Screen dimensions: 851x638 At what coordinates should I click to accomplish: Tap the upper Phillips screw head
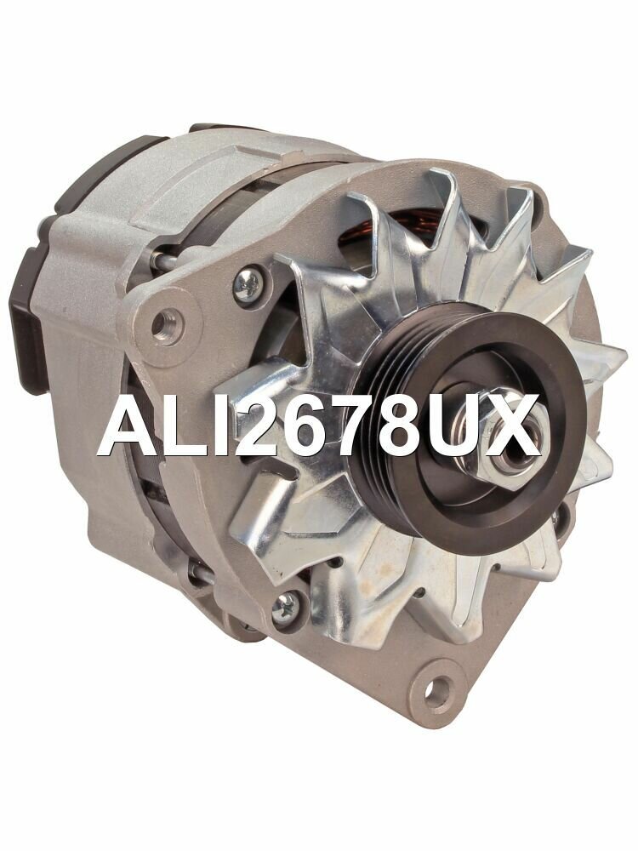coord(248,280)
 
